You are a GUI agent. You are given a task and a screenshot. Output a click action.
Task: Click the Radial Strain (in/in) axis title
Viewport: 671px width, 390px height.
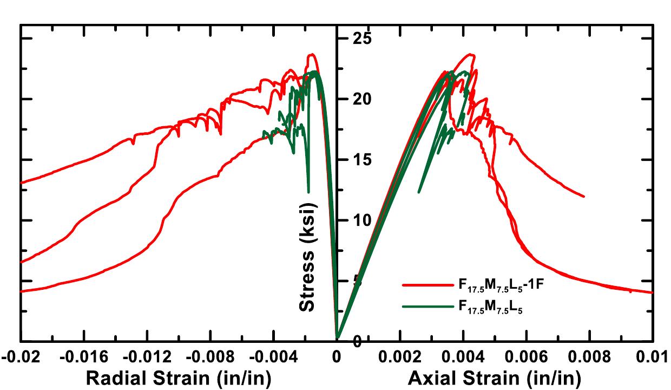click(178, 377)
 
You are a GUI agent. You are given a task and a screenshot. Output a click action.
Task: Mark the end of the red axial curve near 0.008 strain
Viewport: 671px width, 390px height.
click(584, 196)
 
